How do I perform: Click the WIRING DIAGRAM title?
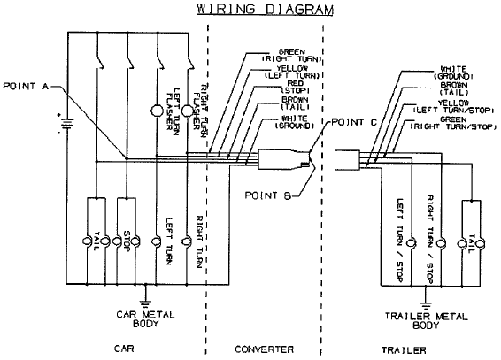265,9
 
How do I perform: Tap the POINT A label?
26,86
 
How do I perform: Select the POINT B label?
267,195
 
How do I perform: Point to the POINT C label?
354,122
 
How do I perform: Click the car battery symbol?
66,123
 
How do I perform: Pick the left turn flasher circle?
157,111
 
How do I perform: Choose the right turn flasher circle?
188,111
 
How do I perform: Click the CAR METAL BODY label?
145,318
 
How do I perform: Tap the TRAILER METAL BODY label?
426,320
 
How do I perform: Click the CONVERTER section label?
264,349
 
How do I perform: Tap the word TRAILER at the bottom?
404,350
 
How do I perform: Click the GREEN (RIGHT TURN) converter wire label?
292,55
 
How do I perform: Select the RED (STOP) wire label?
295,87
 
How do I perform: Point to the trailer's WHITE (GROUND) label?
453,73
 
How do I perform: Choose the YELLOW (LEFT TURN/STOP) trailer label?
453,107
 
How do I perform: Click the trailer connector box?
347,160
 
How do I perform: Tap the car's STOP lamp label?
127,241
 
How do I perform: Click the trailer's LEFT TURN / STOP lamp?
411,243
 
